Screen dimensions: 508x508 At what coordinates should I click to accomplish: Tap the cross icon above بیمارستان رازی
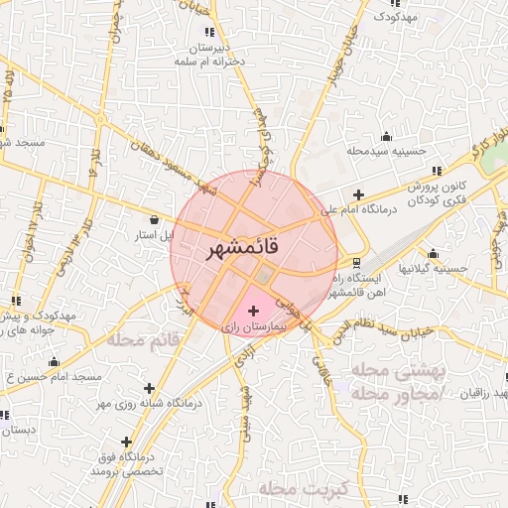pos(253,311)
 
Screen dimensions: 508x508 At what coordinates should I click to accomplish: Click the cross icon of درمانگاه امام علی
pos(358,194)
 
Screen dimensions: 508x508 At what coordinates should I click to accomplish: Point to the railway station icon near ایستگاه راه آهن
pos(356,262)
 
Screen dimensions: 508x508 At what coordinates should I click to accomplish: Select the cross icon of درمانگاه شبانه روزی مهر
pos(149,387)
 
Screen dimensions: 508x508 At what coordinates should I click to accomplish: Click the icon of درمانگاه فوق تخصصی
pos(126,442)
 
